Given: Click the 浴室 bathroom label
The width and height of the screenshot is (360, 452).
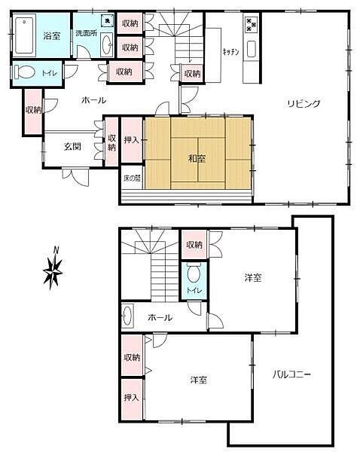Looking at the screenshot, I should tap(52, 36).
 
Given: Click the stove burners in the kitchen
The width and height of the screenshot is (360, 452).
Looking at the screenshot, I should tap(250, 26).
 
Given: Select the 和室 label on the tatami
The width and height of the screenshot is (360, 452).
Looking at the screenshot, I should tap(199, 158).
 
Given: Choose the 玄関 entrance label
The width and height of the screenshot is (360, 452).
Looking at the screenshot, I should tap(72, 147).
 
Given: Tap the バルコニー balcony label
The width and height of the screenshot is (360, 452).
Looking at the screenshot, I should tap(292, 374).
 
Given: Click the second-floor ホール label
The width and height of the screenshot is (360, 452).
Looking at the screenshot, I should tap(159, 318).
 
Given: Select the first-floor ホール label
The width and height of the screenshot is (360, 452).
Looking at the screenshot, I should tap(93, 99).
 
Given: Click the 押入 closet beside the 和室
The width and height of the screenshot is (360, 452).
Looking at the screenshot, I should tap(131, 140).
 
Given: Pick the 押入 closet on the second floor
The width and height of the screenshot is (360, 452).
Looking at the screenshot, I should tap(131, 396).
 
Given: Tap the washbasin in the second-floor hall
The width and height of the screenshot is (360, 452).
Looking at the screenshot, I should tap(129, 317).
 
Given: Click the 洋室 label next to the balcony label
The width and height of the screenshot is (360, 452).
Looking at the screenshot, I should tap(199, 380).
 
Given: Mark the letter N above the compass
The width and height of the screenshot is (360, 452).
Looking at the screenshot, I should tap(55, 251).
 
